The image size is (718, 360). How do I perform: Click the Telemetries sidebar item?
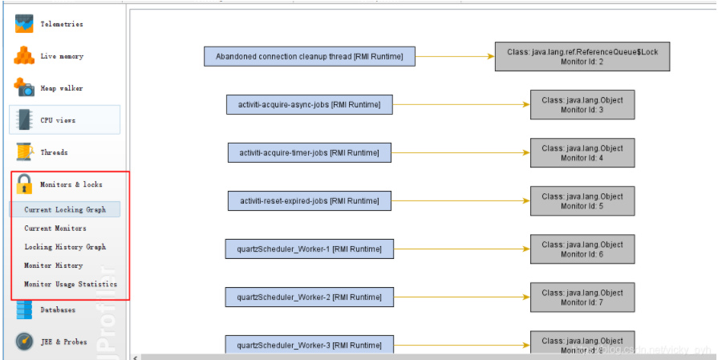click(x=61, y=24)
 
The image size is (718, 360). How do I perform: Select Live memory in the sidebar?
click(x=61, y=56)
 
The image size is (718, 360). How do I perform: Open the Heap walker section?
click(x=61, y=88)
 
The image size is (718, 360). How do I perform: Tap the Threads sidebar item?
click(x=54, y=152)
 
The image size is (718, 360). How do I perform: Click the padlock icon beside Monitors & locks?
click(x=24, y=184)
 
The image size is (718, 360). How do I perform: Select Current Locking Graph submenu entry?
click(x=65, y=209)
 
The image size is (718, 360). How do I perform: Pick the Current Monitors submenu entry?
click(x=55, y=229)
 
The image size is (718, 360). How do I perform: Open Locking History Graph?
click(x=65, y=247)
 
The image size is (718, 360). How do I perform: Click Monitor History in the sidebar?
click(x=54, y=265)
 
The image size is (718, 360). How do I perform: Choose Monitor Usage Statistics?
click(x=71, y=284)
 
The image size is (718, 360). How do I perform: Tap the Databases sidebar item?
click(x=58, y=309)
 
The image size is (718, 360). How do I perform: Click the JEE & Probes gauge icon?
click(x=24, y=342)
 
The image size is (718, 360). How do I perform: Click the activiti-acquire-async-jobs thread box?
click(x=310, y=103)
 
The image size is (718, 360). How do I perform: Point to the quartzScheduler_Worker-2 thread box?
click(x=310, y=297)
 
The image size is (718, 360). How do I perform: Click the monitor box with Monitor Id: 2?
click(x=582, y=56)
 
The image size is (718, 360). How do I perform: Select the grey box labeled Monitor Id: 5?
click(x=582, y=200)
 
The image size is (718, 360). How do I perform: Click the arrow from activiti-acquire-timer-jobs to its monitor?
click(x=460, y=152)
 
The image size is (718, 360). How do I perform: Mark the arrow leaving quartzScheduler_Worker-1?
click(x=462, y=249)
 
